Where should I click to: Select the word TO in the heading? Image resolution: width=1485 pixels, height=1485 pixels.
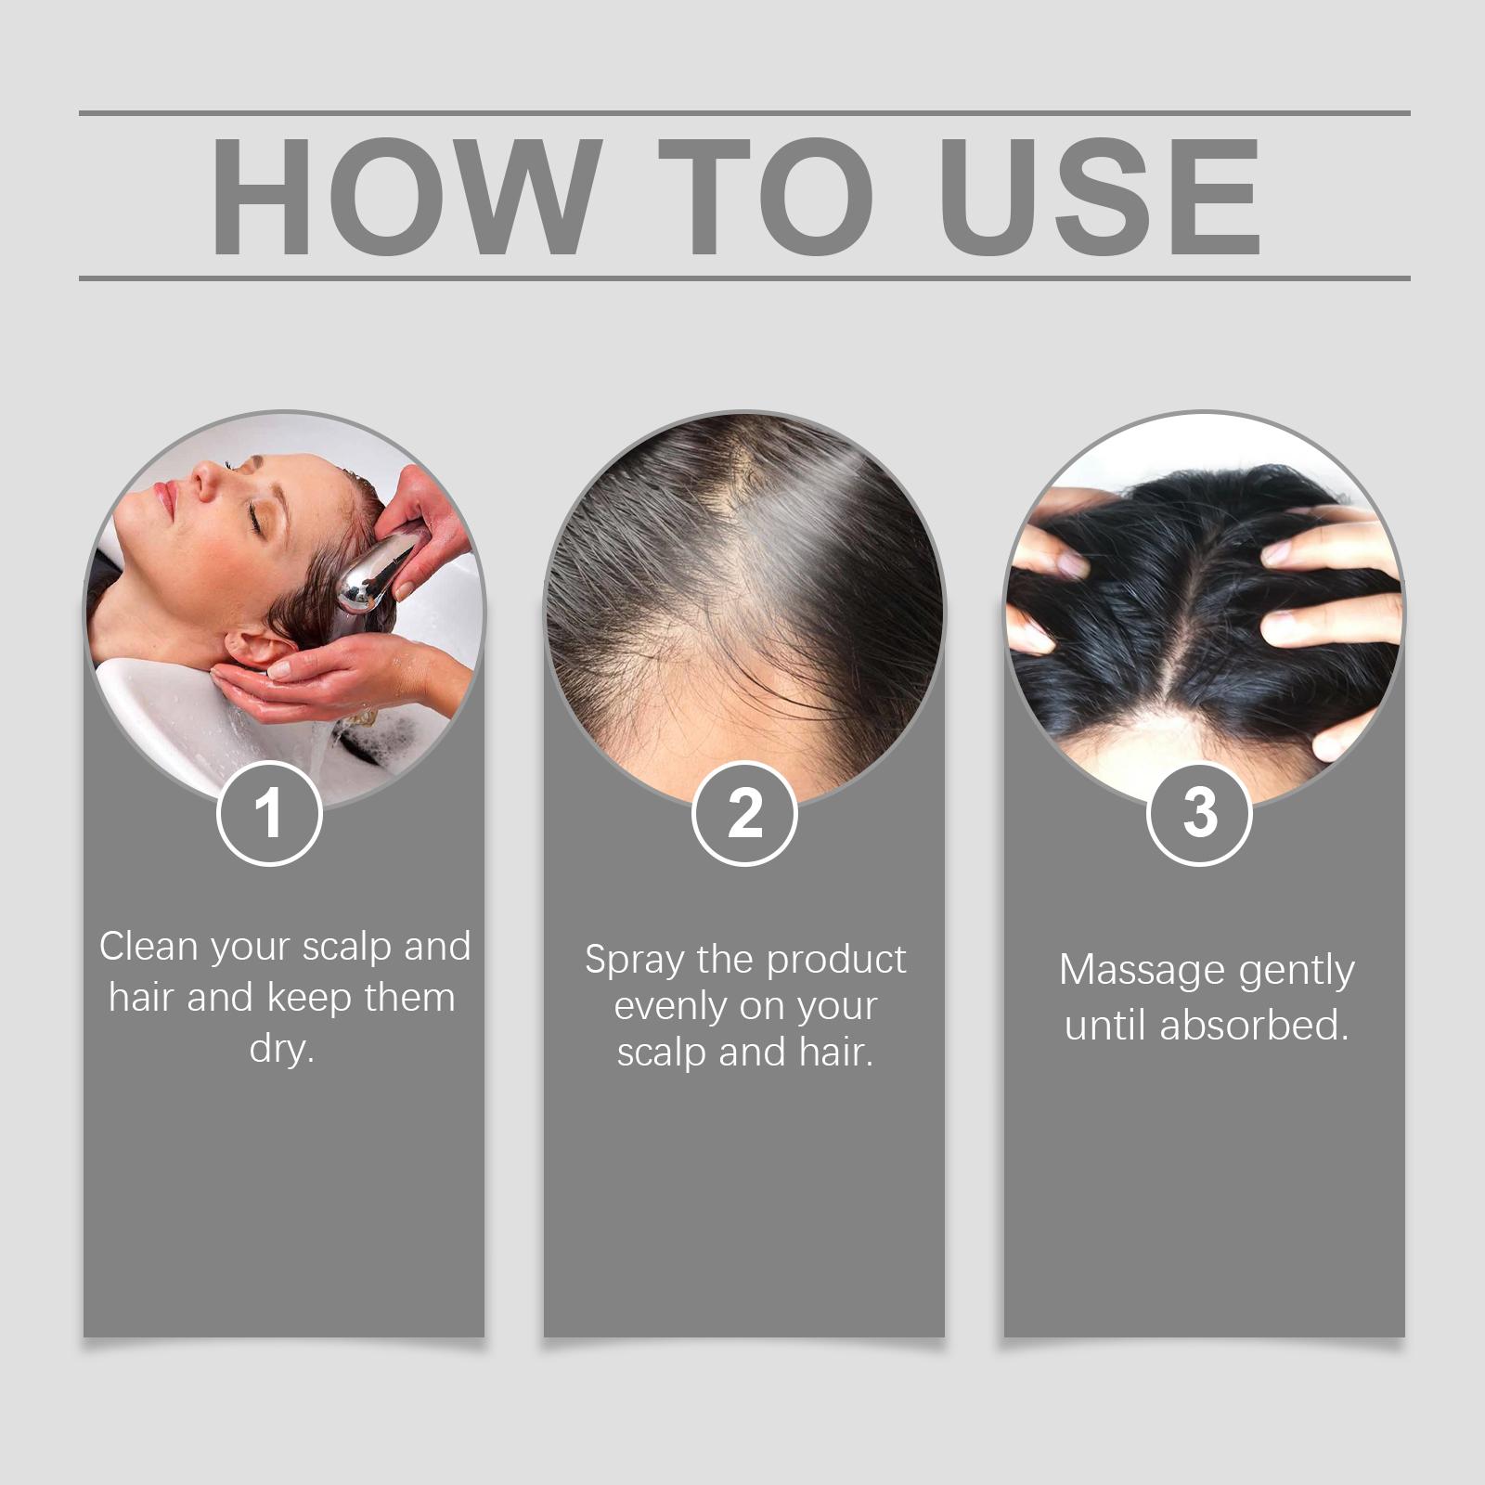768,196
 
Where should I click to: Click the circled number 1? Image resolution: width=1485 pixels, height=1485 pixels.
269,813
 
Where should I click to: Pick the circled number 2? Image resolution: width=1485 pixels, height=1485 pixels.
744,813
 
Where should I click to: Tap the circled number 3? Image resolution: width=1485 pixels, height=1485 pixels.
1200,813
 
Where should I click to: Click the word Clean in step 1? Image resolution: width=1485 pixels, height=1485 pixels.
148,947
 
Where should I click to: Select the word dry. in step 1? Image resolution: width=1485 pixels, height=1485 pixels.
282,1050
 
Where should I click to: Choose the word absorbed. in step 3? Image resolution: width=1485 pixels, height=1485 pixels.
1254,1026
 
